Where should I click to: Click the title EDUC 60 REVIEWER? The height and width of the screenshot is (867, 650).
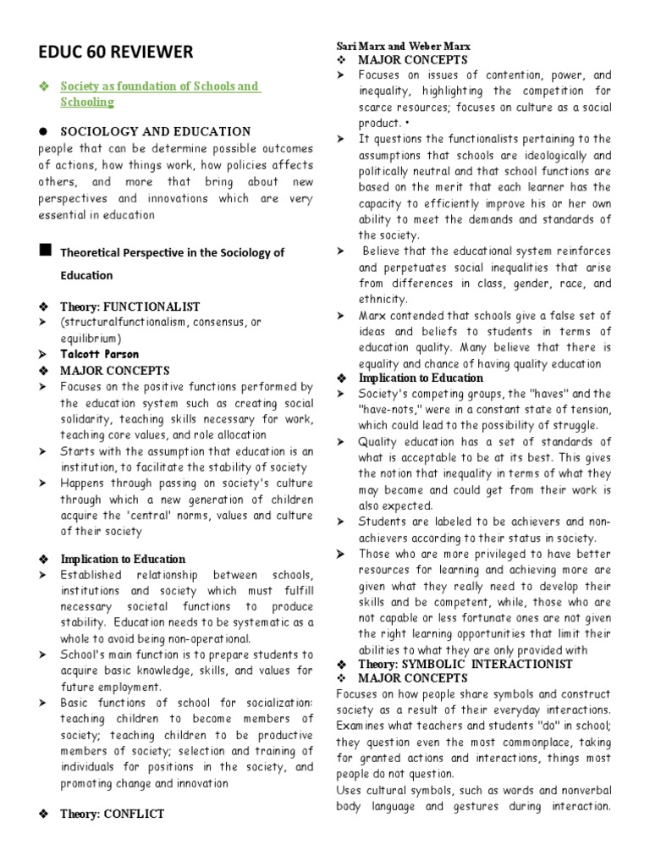(116, 52)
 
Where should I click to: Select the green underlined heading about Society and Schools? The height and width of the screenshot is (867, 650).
(159, 94)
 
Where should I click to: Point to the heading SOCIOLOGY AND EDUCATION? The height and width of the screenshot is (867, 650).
(155, 131)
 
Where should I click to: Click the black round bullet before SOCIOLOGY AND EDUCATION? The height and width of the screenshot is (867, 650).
(42, 131)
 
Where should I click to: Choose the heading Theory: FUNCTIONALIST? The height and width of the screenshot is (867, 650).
(129, 306)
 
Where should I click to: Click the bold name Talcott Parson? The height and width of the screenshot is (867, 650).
(99, 354)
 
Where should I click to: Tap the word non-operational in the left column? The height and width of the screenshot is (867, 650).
(203, 638)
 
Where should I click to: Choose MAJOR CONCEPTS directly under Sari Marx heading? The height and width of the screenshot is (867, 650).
(412, 59)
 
